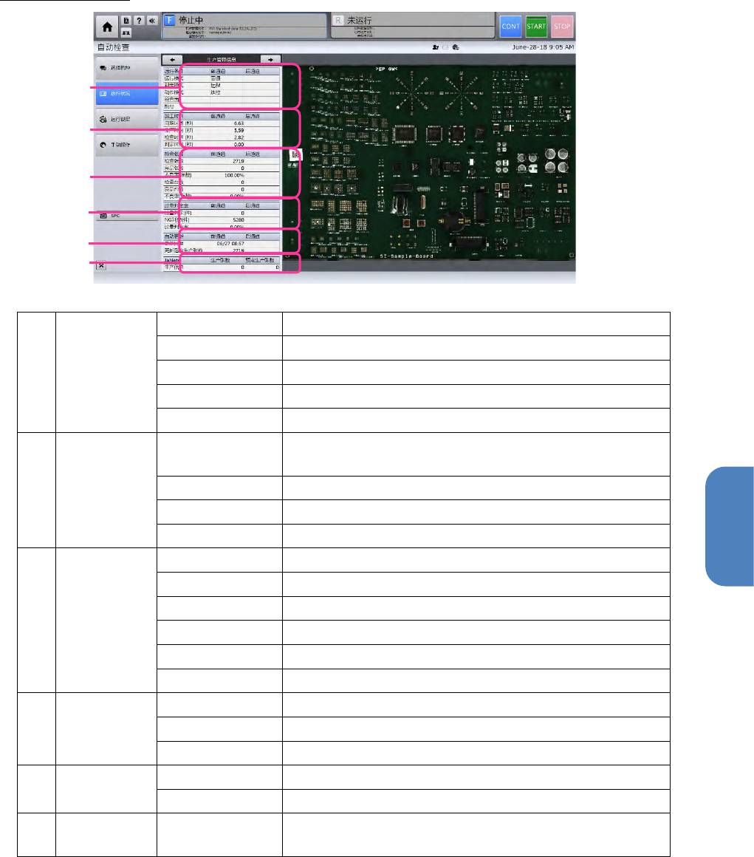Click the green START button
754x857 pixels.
pos(536,26)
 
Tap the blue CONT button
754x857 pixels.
pos(511,26)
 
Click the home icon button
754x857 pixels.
pos(108,27)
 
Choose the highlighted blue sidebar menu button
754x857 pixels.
pos(127,94)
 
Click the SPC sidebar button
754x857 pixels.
pos(127,216)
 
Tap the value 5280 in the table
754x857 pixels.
pos(237,219)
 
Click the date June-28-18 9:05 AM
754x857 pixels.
pos(541,46)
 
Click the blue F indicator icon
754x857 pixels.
pos(169,21)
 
